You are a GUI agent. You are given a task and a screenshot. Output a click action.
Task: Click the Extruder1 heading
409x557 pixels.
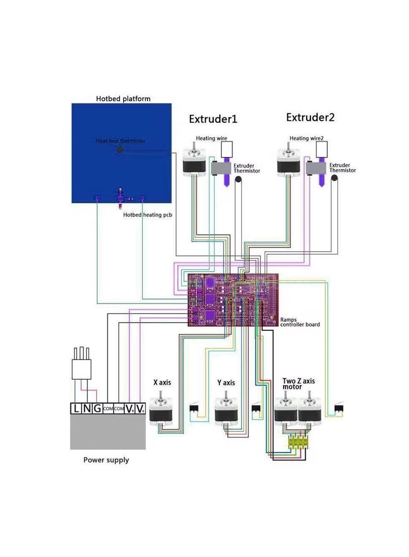pos(213,119)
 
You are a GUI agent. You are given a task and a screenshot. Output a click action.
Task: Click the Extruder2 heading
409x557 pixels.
pos(310,117)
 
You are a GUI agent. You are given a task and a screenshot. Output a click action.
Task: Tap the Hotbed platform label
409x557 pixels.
pos(123,99)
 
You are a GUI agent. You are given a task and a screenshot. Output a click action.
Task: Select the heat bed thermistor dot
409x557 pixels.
pos(120,150)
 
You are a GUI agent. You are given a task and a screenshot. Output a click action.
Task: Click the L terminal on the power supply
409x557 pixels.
pos(76,408)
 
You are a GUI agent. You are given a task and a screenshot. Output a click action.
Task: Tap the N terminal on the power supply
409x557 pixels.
pos(86,408)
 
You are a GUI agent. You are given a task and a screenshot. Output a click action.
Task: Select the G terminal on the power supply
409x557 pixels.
pos(96,408)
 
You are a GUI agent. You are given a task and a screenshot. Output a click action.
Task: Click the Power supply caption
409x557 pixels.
pos(106,460)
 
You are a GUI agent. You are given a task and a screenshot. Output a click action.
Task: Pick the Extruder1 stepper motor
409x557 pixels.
pos(195,161)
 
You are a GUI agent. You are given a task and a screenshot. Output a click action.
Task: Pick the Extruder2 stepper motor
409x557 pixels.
pos(289,161)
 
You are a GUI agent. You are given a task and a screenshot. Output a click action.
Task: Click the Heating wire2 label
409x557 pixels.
pos(306,138)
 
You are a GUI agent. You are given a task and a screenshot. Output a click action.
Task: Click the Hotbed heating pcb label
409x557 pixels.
pos(148,215)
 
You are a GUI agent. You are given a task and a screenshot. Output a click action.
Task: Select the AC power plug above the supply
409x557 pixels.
pos(82,366)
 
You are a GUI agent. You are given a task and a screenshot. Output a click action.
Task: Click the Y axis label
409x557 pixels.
pos(225,382)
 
